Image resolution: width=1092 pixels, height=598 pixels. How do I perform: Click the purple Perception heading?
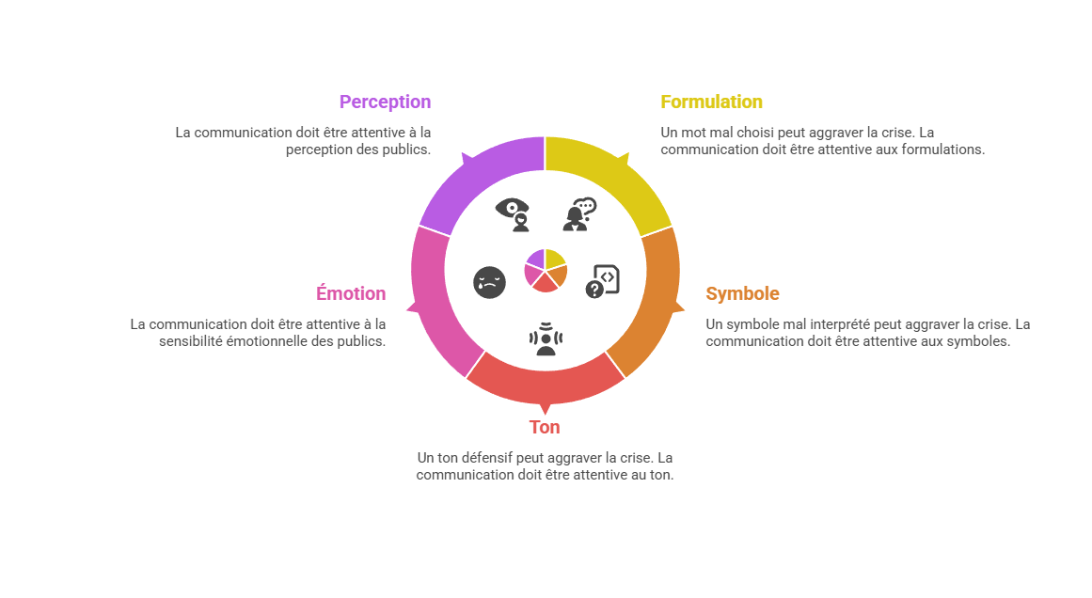point(385,102)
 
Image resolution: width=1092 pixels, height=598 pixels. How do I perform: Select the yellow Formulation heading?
point(711,102)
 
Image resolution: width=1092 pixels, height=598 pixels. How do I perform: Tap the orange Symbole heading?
point(742,293)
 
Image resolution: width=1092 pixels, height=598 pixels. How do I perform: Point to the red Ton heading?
point(545,427)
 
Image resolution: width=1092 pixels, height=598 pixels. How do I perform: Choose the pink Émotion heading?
point(351,293)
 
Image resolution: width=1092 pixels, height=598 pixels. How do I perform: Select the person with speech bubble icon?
point(579,214)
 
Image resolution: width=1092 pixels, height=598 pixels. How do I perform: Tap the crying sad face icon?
point(490,283)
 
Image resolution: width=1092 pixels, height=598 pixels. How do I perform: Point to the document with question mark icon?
point(602,281)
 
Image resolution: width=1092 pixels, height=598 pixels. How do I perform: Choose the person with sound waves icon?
point(546,339)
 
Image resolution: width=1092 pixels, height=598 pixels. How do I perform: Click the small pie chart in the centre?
point(546,270)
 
